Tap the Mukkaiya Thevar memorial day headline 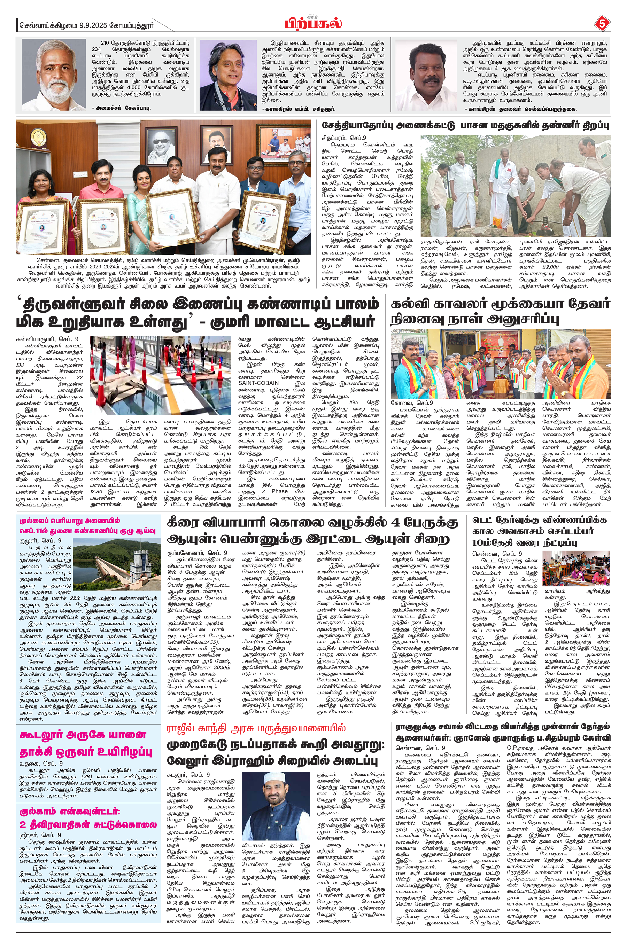tap(500, 312)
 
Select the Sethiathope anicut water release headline tap(465, 125)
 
